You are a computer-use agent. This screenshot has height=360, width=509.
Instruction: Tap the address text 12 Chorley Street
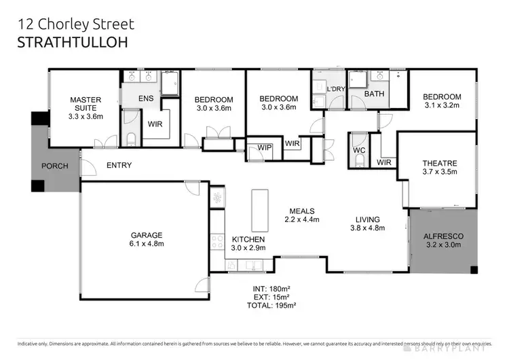(x=74, y=24)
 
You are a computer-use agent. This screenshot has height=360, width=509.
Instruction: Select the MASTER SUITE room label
(x=86, y=103)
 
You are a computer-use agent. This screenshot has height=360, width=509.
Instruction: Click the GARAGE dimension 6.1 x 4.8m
(x=147, y=244)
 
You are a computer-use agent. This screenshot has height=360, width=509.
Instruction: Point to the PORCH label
(x=56, y=166)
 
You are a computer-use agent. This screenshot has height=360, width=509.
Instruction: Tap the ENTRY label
(x=119, y=165)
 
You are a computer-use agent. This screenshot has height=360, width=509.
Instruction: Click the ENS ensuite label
(x=146, y=98)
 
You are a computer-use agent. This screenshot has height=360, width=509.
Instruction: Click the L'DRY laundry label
(x=336, y=89)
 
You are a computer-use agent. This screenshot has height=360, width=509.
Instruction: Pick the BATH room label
(x=375, y=94)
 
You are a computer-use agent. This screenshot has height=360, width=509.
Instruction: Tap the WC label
(x=360, y=149)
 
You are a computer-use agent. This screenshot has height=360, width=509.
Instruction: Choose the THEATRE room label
(x=439, y=163)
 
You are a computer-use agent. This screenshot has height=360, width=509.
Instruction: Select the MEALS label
(x=302, y=210)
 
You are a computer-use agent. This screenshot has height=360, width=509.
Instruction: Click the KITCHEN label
(x=248, y=240)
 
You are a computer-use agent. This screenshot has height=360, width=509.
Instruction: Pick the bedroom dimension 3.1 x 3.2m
(x=442, y=105)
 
